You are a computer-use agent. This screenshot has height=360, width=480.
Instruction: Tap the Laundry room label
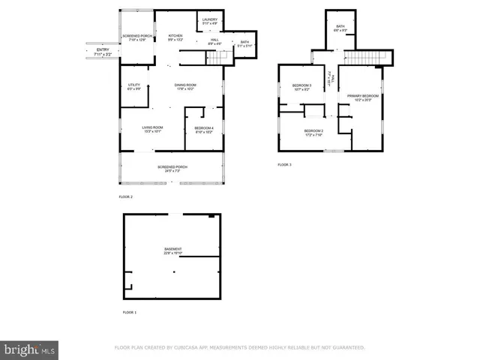(x=210, y=20)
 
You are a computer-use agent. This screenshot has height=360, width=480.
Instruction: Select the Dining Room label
(x=184, y=87)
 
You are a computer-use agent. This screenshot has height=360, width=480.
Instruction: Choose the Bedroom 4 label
(x=204, y=130)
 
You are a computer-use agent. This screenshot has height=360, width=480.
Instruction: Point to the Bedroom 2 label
(x=313, y=132)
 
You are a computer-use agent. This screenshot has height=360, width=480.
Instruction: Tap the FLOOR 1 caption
(x=130, y=311)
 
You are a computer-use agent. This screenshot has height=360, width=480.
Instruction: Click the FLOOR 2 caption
(x=125, y=196)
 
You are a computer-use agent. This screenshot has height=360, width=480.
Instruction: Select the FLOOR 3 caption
(x=284, y=164)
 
